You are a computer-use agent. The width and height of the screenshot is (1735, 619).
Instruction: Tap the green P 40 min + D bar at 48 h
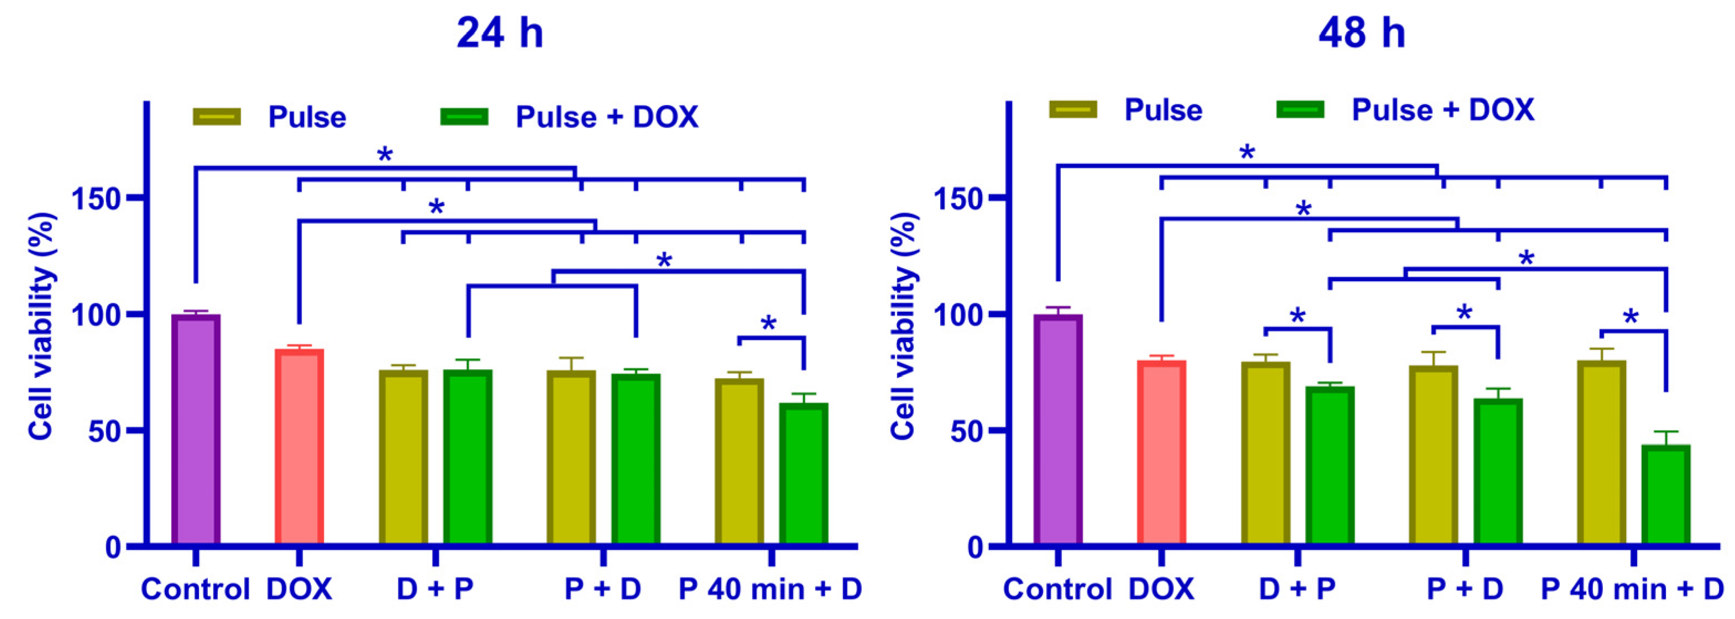pyautogui.click(x=1665, y=495)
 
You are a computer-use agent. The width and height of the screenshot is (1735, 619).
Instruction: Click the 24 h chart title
pyautogui.click(x=499, y=32)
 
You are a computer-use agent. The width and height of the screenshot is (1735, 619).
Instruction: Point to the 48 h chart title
pyautogui.click(x=1362, y=32)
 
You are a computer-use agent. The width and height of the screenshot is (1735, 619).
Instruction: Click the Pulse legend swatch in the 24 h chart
pyautogui.click(x=217, y=117)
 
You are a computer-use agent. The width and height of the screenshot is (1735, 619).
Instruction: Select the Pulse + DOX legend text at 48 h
pyautogui.click(x=1443, y=110)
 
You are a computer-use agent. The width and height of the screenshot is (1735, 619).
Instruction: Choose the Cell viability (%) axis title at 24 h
pyautogui.click(x=42, y=326)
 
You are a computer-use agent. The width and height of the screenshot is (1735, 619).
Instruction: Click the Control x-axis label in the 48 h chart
pyautogui.click(x=1057, y=589)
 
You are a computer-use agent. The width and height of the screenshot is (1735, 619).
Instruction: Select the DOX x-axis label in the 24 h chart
pyautogui.click(x=299, y=589)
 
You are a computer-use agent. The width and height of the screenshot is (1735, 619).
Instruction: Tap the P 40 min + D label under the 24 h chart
pyautogui.click(x=770, y=589)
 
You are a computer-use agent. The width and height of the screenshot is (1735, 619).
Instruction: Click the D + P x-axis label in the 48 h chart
pyautogui.click(x=1297, y=589)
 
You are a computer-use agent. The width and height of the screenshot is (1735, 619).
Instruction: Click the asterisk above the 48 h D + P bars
pyautogui.click(x=1297, y=317)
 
